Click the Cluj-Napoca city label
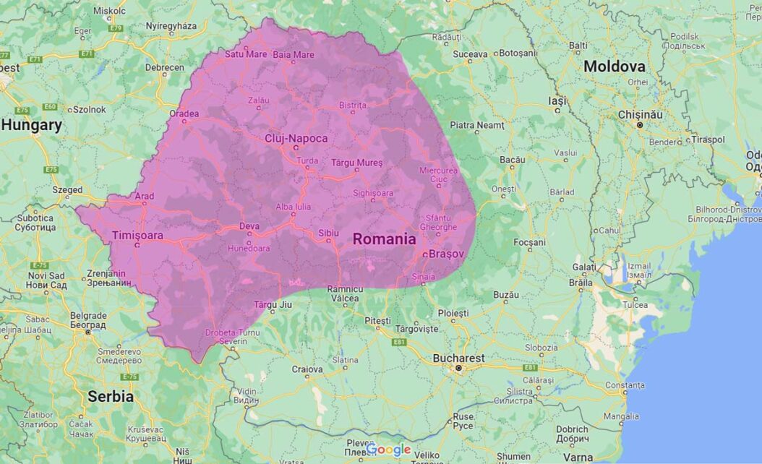coord(296,138)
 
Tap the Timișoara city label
coord(137,235)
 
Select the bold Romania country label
coord(384,239)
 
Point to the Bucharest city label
coord(458,358)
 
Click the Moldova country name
coord(614,66)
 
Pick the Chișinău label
coord(640,115)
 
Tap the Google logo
coord(388,450)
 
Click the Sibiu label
coord(329,233)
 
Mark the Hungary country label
coord(31,125)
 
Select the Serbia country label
coord(110,396)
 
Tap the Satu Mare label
coord(245,54)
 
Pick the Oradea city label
coord(184,113)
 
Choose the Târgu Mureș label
coord(356,163)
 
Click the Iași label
coord(557,101)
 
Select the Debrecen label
coord(164,67)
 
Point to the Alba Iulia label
coord(294,207)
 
